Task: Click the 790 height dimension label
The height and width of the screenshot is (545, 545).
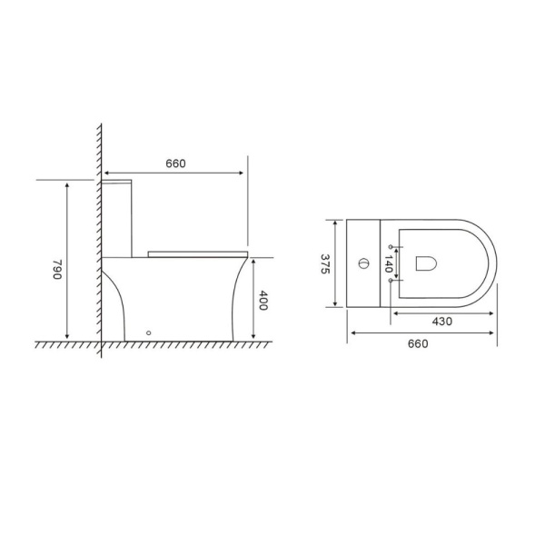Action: [57, 270]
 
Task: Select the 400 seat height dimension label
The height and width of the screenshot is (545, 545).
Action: [263, 301]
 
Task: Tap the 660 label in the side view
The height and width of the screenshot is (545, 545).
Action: [175, 163]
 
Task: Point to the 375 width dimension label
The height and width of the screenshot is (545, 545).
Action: [325, 264]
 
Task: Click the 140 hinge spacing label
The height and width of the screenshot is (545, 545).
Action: [389, 263]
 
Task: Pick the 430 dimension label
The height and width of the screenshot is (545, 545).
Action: [442, 322]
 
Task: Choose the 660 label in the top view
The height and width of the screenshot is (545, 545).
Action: [418, 343]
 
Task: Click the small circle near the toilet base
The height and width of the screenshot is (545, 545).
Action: [149, 333]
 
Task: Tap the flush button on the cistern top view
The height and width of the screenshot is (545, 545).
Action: [363, 263]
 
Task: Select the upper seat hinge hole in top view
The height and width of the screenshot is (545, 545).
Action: [391, 247]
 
